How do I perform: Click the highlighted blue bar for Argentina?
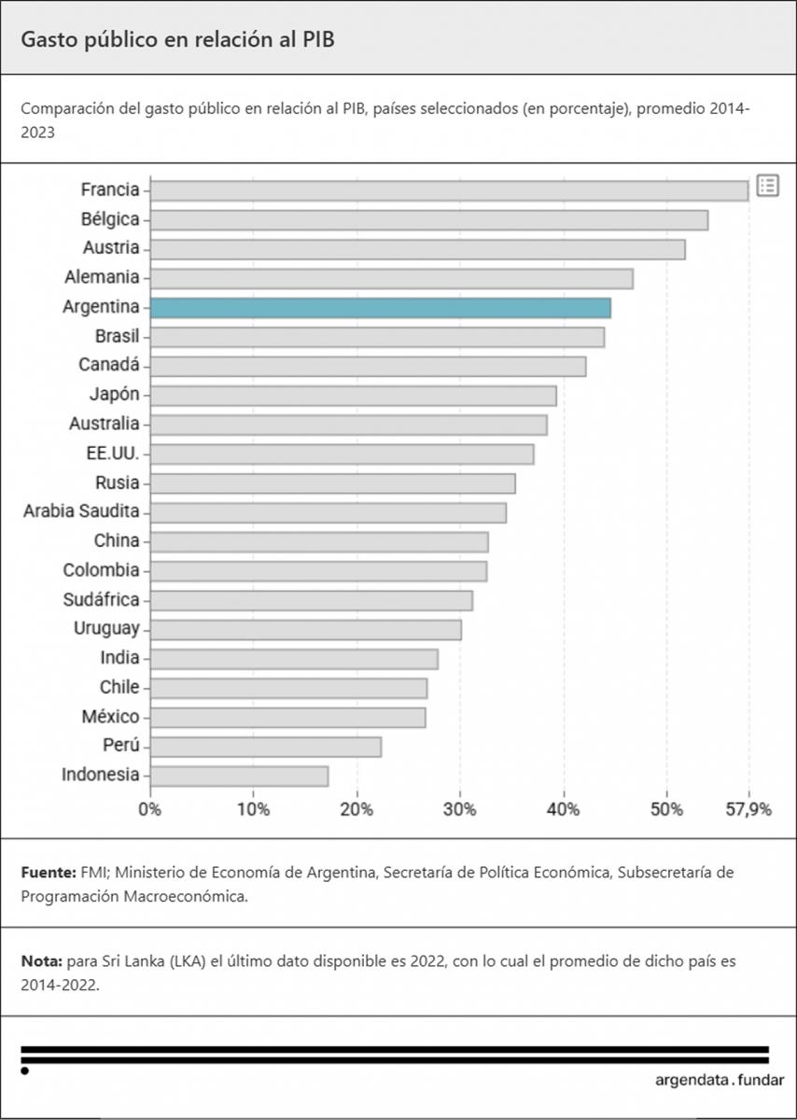[x=380, y=307]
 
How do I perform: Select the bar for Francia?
[x=449, y=190]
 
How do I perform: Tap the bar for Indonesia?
[x=239, y=776]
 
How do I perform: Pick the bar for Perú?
[x=265, y=747]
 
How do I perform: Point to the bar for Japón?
[x=353, y=395]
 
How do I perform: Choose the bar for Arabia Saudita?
[x=328, y=512]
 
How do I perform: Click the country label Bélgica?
[x=110, y=219]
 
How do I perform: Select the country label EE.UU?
[x=112, y=454]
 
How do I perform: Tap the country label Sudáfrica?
[x=101, y=599]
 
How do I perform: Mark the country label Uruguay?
[x=106, y=629]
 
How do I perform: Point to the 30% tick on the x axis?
[x=460, y=809]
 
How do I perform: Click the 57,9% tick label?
[x=748, y=809]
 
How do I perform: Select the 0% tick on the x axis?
[x=150, y=809]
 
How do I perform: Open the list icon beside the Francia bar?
[x=767, y=186]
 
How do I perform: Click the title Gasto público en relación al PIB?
[x=177, y=39]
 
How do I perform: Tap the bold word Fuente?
[x=48, y=873]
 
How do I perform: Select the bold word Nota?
[x=41, y=960]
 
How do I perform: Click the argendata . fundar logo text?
[x=719, y=1080]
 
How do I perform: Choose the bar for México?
[x=287, y=717]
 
